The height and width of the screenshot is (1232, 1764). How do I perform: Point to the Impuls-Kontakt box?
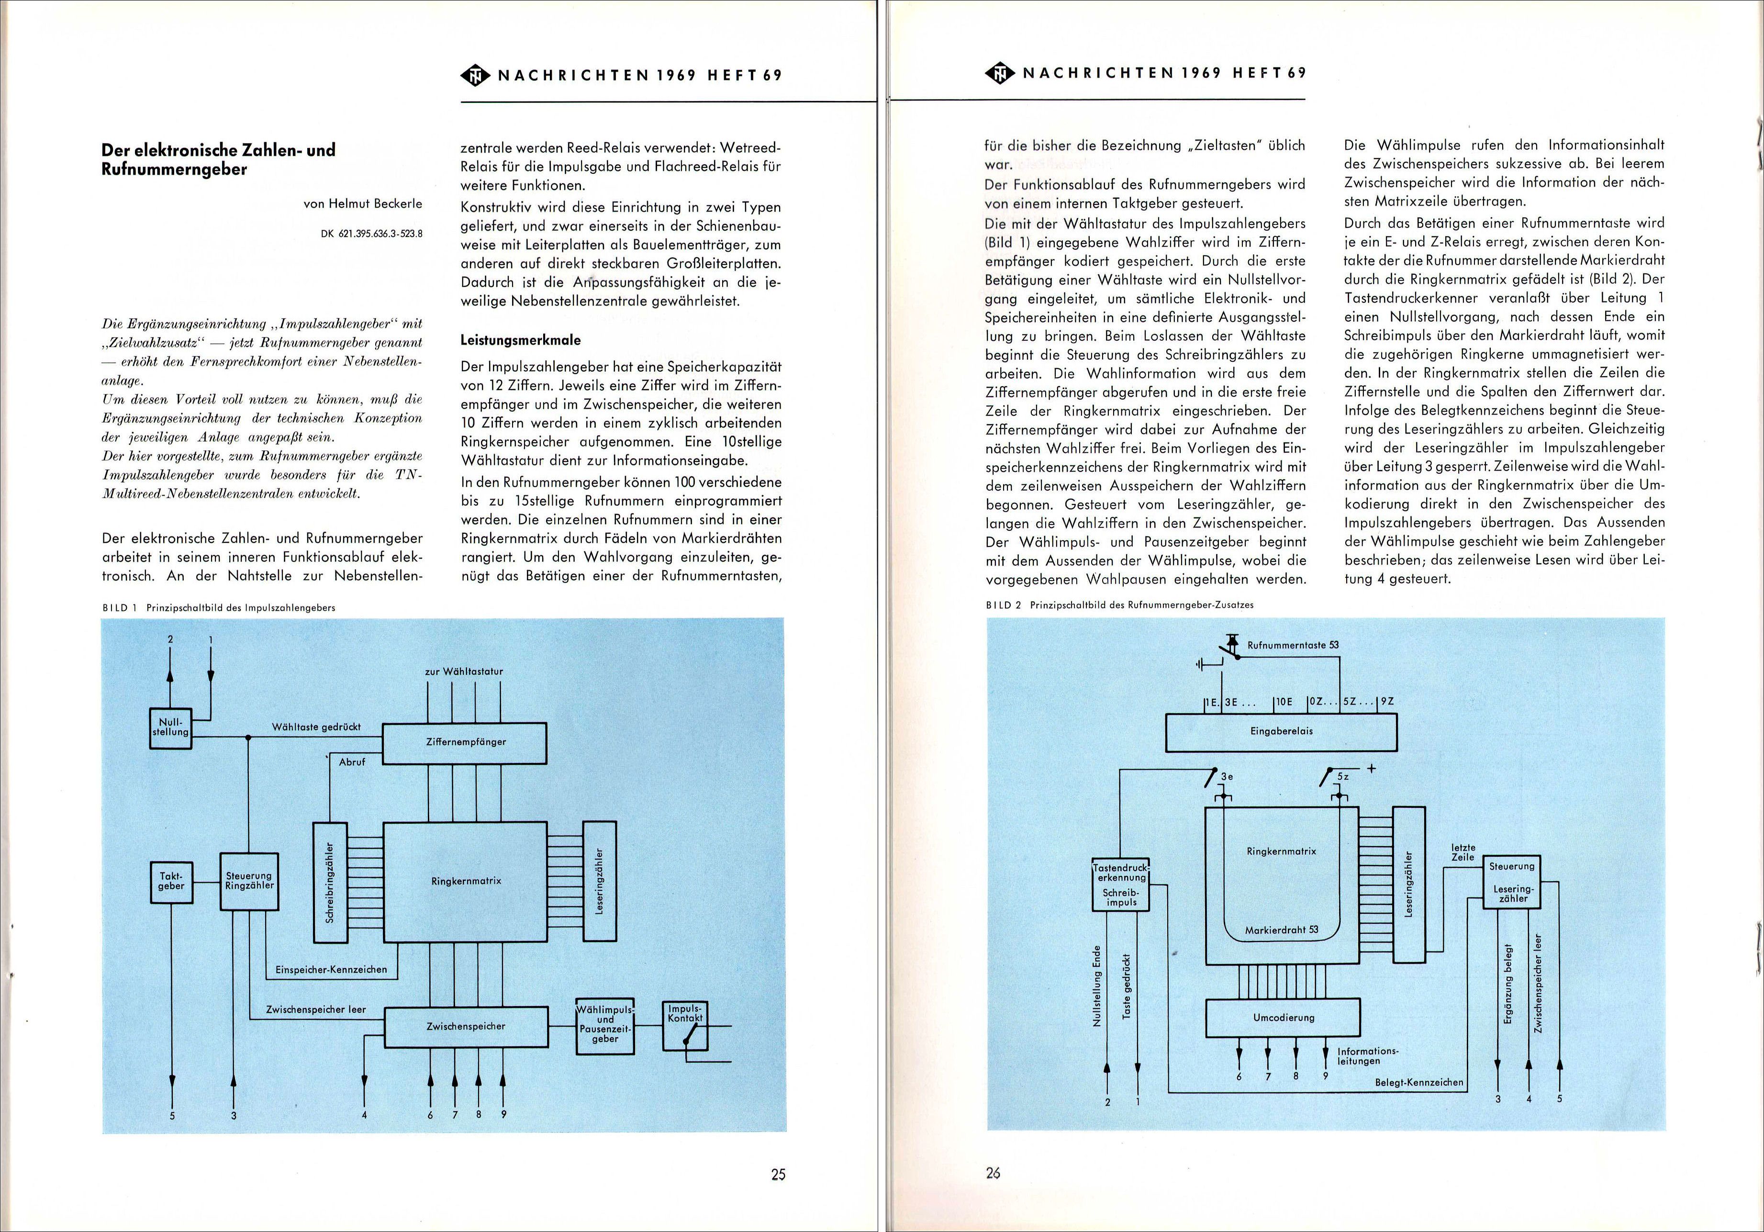tap(685, 1025)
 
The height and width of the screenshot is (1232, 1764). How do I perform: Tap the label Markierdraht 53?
tap(1281, 929)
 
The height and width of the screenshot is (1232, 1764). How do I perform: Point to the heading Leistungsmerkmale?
tap(520, 340)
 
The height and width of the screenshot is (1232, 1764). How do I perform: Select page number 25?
tap(778, 1175)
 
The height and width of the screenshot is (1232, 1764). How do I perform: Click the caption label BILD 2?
tap(1003, 605)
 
